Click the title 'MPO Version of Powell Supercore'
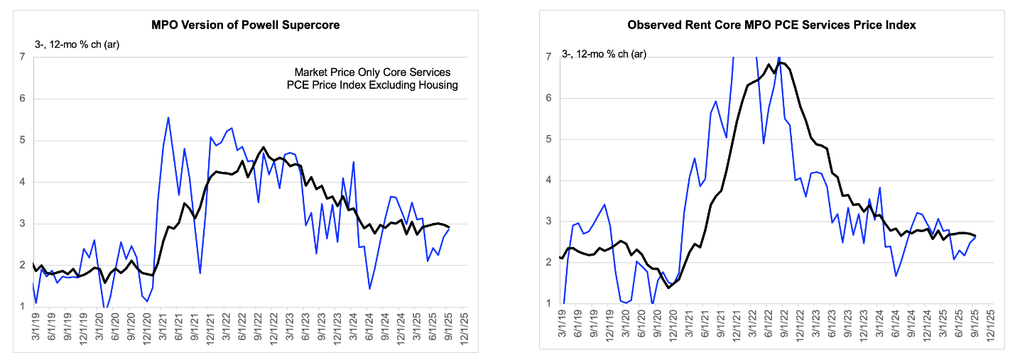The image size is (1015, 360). pyautogui.click(x=246, y=25)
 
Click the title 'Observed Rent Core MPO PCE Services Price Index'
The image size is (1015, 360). pyautogui.click(x=771, y=25)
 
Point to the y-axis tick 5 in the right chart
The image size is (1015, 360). pyautogui.click(x=549, y=139)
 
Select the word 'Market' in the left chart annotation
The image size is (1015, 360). pyautogui.click(x=310, y=72)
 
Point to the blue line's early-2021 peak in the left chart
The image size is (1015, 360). pyautogui.click(x=168, y=118)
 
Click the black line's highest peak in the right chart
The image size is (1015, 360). pyautogui.click(x=780, y=62)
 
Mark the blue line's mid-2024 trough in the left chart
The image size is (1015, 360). pyautogui.click(x=370, y=288)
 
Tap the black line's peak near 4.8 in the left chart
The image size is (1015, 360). pyautogui.click(x=264, y=148)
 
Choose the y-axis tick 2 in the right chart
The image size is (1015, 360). pyautogui.click(x=549, y=263)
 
